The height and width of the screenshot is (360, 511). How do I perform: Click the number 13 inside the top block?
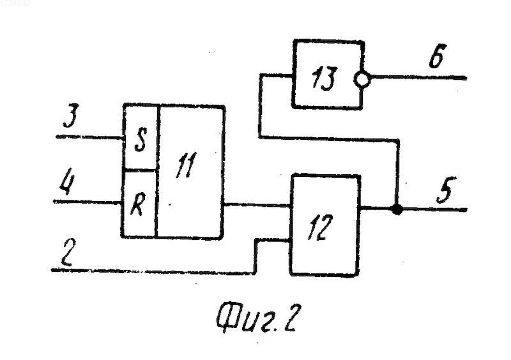(x=323, y=79)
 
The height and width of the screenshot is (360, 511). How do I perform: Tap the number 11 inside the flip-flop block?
(x=187, y=165)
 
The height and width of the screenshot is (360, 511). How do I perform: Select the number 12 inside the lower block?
(x=321, y=227)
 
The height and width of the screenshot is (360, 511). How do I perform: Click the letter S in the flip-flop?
(x=141, y=139)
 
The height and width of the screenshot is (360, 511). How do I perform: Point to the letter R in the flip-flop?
(x=137, y=206)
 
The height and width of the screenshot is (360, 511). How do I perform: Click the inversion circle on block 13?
(x=362, y=79)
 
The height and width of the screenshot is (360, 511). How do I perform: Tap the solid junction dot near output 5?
(x=397, y=209)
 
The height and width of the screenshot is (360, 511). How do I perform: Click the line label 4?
(x=67, y=181)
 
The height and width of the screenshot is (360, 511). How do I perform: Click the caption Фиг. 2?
(x=257, y=318)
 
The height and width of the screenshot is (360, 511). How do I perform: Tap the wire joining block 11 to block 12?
(x=257, y=205)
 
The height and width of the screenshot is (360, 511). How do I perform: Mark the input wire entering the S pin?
(x=89, y=137)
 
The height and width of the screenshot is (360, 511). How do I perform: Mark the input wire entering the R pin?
(x=87, y=202)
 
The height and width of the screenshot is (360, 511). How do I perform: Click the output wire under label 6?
(x=418, y=77)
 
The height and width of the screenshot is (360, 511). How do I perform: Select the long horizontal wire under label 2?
(x=153, y=271)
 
